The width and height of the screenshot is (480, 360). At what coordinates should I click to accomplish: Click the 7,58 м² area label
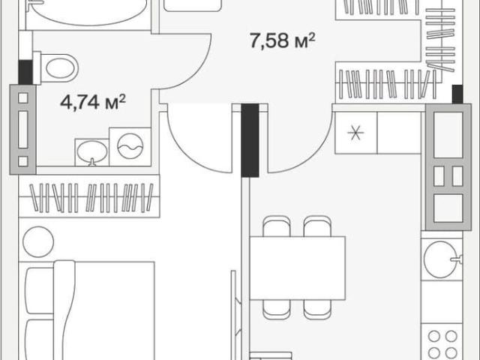(x=282, y=40)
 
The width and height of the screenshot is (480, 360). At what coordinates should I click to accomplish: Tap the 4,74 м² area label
(x=93, y=102)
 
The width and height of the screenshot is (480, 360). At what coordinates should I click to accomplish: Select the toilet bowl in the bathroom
(x=55, y=68)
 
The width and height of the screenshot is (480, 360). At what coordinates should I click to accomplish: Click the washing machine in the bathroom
(x=130, y=147)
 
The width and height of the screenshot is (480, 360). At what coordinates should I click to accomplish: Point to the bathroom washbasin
(x=92, y=152)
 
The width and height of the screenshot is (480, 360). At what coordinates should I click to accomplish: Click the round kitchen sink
(x=442, y=259)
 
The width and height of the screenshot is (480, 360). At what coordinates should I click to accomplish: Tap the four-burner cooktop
(x=442, y=343)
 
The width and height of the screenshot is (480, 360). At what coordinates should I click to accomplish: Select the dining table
(x=298, y=268)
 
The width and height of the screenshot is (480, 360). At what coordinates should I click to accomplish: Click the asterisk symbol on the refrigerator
(x=355, y=133)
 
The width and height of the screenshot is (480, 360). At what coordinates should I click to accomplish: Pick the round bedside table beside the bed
(x=38, y=241)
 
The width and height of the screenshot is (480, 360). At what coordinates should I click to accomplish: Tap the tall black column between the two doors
(x=250, y=140)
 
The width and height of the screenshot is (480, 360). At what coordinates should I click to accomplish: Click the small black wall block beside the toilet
(x=25, y=72)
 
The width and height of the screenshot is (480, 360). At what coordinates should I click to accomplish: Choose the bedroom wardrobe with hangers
(x=89, y=196)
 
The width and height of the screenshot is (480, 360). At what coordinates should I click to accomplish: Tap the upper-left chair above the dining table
(x=277, y=226)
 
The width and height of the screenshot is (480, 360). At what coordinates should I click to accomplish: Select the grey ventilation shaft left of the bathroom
(x=23, y=130)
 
